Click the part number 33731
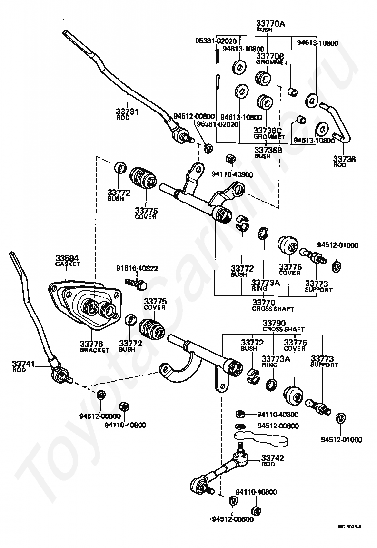point(128,112)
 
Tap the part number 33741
point(24,364)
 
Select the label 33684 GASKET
point(68,261)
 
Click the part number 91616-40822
point(137,268)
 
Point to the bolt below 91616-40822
point(136,283)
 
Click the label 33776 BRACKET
point(95,346)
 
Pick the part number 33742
point(273,458)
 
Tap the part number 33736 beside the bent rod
point(344,159)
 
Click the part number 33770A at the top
point(270,24)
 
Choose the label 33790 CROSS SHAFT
point(283,326)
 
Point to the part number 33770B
point(270,56)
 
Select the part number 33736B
point(268,150)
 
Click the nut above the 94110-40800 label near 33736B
point(229,159)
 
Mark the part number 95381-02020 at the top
point(216,41)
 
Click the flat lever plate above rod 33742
point(261,438)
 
